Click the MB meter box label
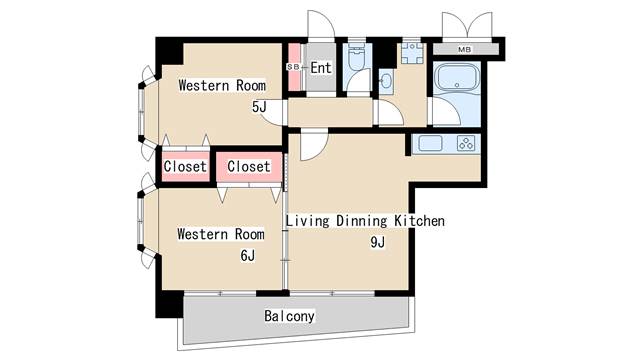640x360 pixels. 464,50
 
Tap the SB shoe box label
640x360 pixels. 293,67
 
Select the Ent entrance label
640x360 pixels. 321,67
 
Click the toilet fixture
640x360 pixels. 357,58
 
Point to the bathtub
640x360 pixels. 457,79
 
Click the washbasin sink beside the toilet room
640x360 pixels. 386,81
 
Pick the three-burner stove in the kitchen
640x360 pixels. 466,144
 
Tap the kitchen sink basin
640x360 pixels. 430,143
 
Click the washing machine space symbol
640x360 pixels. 411,52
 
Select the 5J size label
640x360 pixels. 259,107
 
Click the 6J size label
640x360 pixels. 247,256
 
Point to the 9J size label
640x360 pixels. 378,242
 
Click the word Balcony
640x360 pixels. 289,316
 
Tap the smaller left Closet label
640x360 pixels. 185,167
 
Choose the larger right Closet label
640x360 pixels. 249,166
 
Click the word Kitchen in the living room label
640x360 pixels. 419,221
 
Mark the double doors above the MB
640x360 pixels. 467,25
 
